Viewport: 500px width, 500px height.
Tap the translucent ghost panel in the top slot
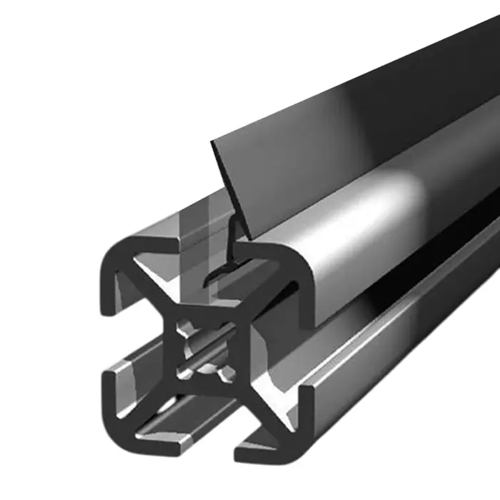[191, 236]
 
